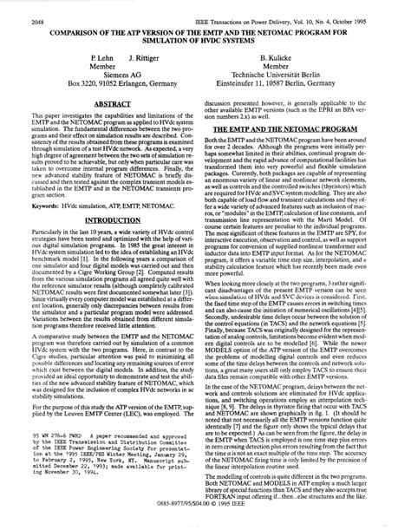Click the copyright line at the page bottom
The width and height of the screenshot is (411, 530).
(205, 523)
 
